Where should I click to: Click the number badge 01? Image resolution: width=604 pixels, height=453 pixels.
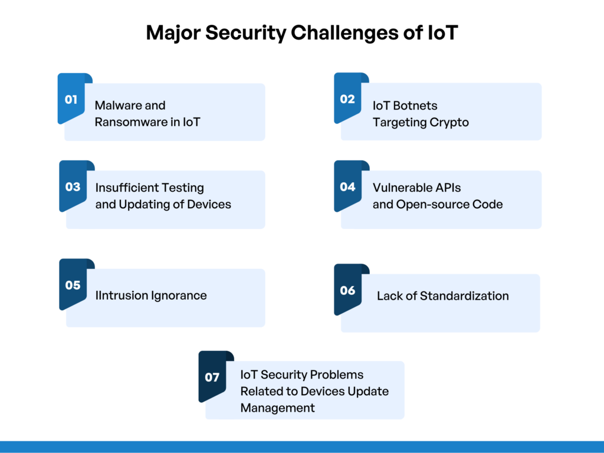coord(71,99)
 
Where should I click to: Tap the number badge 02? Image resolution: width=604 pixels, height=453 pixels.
coord(347,99)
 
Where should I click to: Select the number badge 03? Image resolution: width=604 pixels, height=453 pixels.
coord(73,187)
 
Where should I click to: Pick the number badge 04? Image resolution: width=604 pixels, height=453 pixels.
coord(347,187)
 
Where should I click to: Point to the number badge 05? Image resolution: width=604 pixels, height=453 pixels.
coord(73,285)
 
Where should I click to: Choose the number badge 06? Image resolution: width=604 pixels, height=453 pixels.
coord(347,290)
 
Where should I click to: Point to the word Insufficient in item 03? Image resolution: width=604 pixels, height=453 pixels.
coord(126,188)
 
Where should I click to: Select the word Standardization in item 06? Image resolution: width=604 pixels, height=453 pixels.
coord(464,296)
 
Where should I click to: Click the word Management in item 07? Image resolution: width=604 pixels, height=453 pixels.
coord(277,408)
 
